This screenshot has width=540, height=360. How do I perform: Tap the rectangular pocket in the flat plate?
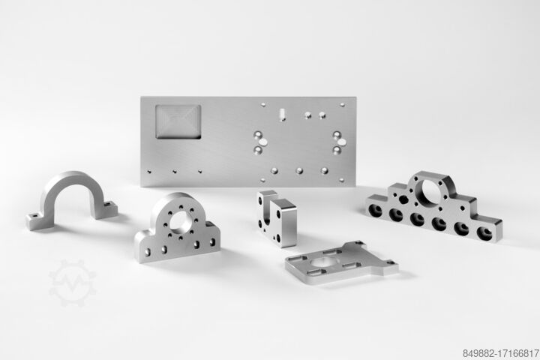tap(178, 122)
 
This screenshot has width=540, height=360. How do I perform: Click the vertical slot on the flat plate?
tap(283, 114)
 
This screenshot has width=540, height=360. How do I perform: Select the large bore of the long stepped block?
tap(430, 191)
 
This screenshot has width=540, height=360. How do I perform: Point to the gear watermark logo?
tap(72, 283)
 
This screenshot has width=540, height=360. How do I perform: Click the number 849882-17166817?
tap(500, 353)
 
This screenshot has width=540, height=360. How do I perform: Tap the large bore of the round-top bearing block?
tap(181, 221)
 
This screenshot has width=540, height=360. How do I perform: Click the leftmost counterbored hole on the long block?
tap(375, 211)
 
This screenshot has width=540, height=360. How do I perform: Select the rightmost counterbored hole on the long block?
tap(484, 233)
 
